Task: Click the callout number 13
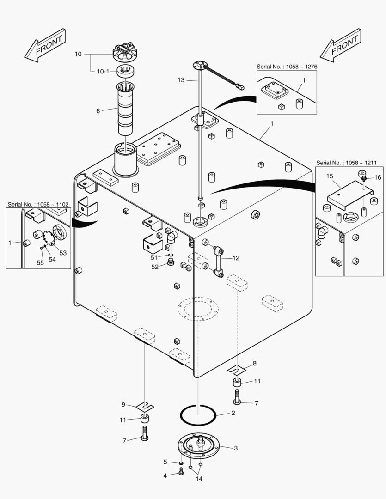point(181,80)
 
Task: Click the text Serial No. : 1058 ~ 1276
point(287,67)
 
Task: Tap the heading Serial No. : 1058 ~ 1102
point(38,204)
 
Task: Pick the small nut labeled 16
point(365,178)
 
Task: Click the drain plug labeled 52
point(172,263)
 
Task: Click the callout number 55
point(40,262)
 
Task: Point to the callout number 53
point(63,253)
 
